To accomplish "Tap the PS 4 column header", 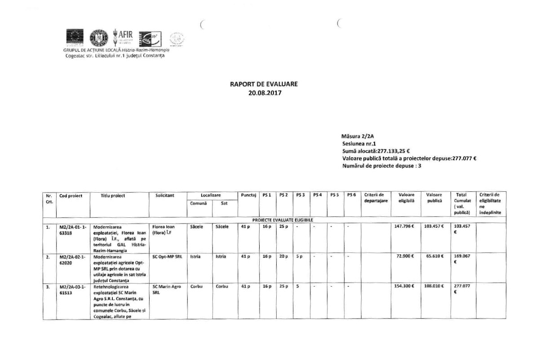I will tap(318, 195).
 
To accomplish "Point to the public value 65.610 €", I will tap(434, 256).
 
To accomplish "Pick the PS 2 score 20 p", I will tap(283, 256).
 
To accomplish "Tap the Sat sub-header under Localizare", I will tap(223, 204).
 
